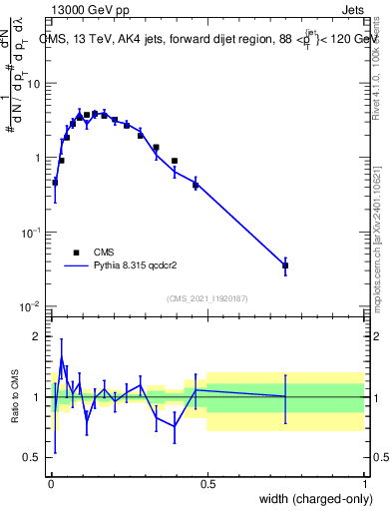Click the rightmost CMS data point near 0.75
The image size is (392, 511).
(x=285, y=265)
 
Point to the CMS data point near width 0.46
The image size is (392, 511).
(x=196, y=185)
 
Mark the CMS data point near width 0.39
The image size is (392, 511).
(x=174, y=161)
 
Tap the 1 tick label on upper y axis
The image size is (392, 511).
(x=37, y=158)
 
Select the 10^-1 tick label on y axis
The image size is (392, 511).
(x=30, y=232)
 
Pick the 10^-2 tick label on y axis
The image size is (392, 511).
(x=30, y=305)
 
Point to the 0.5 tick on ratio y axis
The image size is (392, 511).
(x=33, y=457)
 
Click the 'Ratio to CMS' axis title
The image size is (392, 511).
(x=14, y=396)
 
